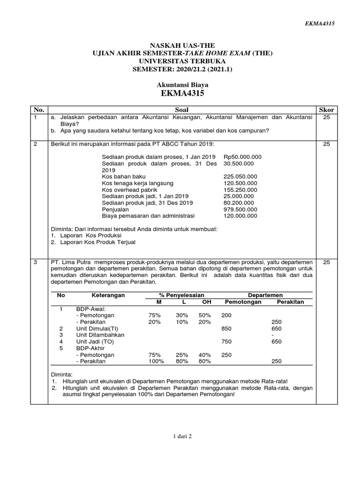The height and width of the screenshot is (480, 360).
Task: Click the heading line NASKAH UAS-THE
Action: (x=180, y=45)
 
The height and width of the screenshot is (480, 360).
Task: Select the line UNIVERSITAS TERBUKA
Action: (x=180, y=61)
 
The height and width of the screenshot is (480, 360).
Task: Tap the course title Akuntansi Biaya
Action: (x=180, y=85)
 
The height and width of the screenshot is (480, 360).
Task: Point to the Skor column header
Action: (x=326, y=110)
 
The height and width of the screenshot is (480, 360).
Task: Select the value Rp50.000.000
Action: (x=243, y=157)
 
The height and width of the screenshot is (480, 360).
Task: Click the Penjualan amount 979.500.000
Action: (x=240, y=210)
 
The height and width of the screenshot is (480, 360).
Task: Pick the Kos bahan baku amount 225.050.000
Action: (x=240, y=176)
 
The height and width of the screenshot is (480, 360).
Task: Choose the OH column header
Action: (x=206, y=302)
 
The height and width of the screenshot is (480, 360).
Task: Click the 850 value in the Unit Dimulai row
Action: (x=226, y=329)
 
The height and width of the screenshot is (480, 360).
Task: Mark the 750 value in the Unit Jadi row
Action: (x=226, y=342)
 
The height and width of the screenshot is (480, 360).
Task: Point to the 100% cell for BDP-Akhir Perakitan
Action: (x=157, y=361)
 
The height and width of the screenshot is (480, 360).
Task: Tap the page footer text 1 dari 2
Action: (x=180, y=436)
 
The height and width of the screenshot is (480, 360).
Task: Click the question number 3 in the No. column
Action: (x=35, y=263)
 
